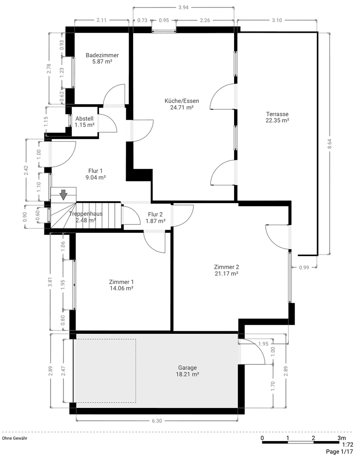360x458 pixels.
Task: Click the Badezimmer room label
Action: [x=102, y=55]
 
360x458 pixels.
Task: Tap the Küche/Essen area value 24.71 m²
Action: [x=181, y=108]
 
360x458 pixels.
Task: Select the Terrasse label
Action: [x=277, y=114]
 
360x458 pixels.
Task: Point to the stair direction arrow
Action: [x=63, y=195]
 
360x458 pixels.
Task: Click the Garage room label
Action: [x=187, y=368]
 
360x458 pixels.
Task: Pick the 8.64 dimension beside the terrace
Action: [x=329, y=144]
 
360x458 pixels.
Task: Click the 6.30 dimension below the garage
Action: [x=157, y=421]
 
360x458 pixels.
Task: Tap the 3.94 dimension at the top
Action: [x=184, y=7]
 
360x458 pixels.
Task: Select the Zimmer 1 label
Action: [x=121, y=282]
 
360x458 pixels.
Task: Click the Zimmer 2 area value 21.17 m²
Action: [x=226, y=274]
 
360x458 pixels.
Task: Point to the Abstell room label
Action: [x=84, y=119]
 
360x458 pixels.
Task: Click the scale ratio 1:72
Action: [x=347, y=445]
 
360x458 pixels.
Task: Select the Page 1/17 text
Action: [x=339, y=452]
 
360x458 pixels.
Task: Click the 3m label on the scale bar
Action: [x=341, y=438]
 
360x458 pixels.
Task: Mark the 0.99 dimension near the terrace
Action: [x=304, y=267]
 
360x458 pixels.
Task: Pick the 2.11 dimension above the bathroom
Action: [x=101, y=20]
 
